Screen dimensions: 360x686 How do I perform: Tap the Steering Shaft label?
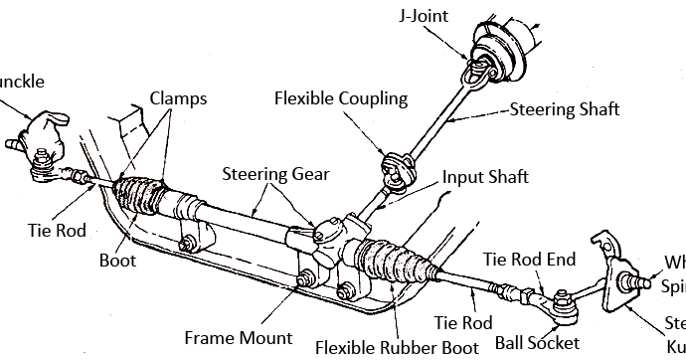pos(565,109)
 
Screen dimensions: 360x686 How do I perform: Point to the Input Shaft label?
pos(486,178)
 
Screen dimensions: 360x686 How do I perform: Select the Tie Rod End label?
pos(529,259)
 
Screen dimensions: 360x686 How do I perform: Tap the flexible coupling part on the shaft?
pos(396,164)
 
